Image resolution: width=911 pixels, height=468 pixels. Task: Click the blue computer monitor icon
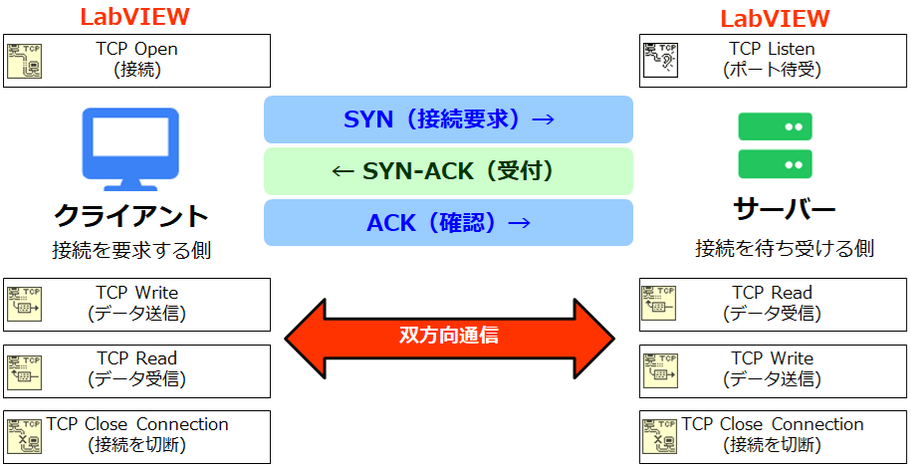[x=130, y=148]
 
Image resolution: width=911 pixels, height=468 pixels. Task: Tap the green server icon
[x=775, y=145]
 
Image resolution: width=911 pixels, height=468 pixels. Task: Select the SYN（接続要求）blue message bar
[x=448, y=119]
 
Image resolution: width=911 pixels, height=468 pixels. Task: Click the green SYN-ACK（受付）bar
[x=448, y=171]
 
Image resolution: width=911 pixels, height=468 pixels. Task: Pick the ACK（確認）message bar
[x=448, y=223]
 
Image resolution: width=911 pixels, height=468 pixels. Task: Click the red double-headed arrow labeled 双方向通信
[x=449, y=336]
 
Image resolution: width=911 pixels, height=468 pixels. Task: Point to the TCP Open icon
[x=24, y=61]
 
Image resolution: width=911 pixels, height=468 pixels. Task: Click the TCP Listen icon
[x=659, y=61]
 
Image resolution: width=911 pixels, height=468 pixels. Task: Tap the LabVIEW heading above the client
[x=134, y=17]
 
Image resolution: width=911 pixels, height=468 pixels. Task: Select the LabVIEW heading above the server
[x=775, y=19]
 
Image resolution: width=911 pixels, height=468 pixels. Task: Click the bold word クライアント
[x=130, y=214]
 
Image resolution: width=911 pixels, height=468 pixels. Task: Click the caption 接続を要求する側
[x=130, y=249]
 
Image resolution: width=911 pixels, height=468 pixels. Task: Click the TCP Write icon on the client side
[x=24, y=305]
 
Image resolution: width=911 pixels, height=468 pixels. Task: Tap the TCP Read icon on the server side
[x=659, y=305]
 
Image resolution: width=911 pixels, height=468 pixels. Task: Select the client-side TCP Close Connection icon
[x=24, y=436]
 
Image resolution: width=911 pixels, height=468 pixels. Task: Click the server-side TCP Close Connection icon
[x=659, y=436]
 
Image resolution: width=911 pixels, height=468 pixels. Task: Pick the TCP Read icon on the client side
[x=24, y=370]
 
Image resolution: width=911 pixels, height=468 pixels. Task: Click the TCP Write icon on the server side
[x=659, y=370]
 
